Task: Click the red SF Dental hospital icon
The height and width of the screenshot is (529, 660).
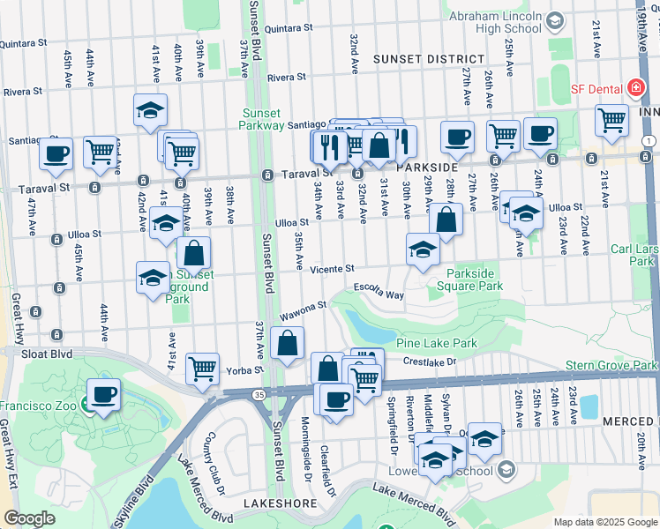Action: point(635,88)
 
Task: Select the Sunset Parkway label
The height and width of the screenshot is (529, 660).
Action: point(261,119)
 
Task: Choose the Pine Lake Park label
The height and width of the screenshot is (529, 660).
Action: point(436,343)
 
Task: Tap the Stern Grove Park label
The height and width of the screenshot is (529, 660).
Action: point(620,365)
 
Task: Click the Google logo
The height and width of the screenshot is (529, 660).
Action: point(29,518)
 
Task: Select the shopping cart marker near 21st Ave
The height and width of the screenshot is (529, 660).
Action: point(611,119)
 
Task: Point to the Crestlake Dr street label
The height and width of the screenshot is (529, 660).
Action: point(431,361)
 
